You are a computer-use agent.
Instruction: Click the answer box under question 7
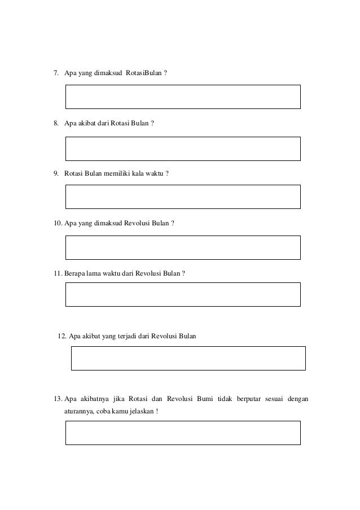(183, 97)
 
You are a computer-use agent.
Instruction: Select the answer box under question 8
(183, 149)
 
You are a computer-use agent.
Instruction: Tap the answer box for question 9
(183, 197)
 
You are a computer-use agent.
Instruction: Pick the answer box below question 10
(183, 247)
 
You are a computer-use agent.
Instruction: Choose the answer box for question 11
(183, 294)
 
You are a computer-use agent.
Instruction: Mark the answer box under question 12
(188, 358)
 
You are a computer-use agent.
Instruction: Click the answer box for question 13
(183, 433)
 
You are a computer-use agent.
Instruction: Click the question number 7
(56, 73)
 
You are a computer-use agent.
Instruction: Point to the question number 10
(58, 223)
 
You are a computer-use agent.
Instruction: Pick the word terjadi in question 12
(122, 337)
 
